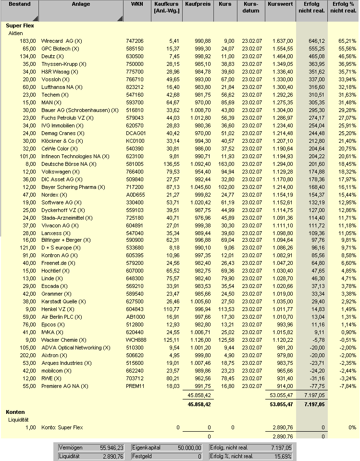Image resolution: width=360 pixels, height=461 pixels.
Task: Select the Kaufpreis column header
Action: [x=198, y=4]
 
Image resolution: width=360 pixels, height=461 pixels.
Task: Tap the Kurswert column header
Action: [x=280, y=4]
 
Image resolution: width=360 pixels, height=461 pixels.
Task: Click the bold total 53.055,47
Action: [x=280, y=404]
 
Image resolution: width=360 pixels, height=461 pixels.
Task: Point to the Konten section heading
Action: [x=15, y=412]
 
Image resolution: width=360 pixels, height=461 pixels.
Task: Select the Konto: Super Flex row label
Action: [x=62, y=427]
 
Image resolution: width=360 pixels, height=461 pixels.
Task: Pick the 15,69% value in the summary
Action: [x=282, y=456]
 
